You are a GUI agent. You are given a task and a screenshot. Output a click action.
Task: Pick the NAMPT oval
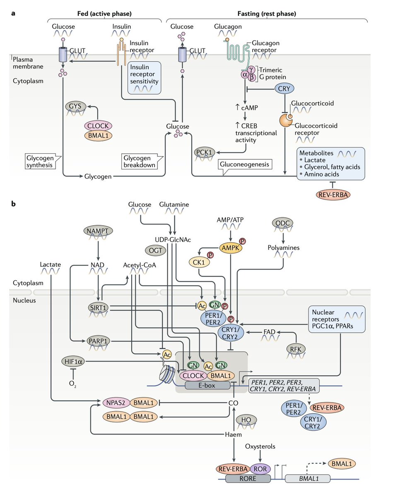coord(98,230)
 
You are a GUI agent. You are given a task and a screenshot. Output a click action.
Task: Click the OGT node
coord(154,249)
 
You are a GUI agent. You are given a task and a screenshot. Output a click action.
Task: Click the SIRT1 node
coord(98,306)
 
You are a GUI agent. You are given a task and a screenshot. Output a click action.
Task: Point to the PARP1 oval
coord(99,341)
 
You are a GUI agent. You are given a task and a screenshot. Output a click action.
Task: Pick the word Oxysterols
coord(260,446)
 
